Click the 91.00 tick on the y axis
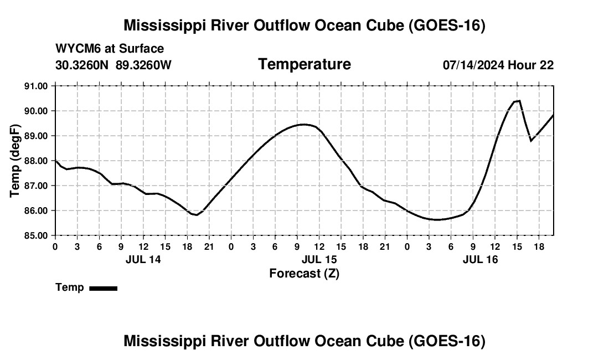36,86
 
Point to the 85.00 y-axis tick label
36,235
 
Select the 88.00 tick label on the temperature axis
36,161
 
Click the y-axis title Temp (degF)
15,161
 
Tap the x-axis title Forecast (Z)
304,274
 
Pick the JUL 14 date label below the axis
143,259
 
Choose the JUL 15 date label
319,259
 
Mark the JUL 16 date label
480,259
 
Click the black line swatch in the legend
104,288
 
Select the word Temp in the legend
70,287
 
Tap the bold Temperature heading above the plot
304,64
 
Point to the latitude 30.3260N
82,65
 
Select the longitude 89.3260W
143,65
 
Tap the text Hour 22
530,65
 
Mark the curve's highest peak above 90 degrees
519,101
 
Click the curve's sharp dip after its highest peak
531,141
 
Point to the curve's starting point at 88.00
56,161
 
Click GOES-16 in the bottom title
447,341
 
